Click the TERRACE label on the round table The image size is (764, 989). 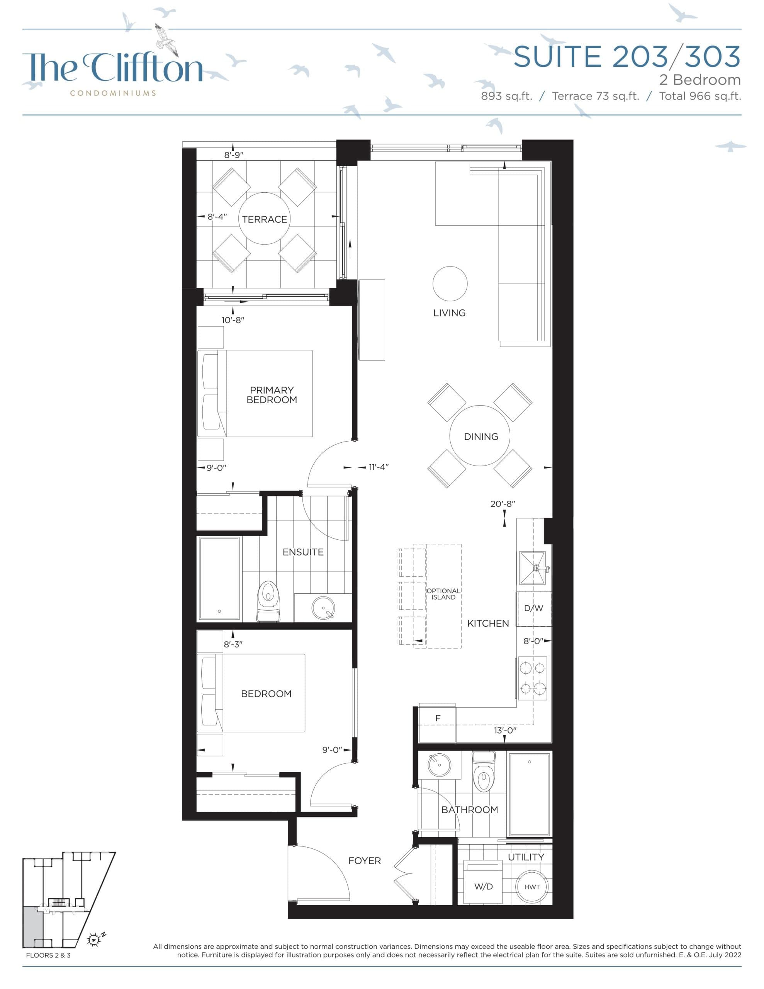click(x=264, y=219)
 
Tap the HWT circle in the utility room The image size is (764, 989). click(x=532, y=887)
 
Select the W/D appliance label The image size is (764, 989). click(x=483, y=887)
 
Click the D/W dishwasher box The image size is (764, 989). click(x=533, y=608)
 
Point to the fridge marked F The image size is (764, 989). click(x=438, y=718)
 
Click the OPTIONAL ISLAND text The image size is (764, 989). click(x=443, y=594)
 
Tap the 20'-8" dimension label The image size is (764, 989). click(x=503, y=503)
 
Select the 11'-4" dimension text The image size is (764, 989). click(x=378, y=467)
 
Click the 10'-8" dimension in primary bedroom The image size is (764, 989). click(x=233, y=320)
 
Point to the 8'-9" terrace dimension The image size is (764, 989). click(x=234, y=155)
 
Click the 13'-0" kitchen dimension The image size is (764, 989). click(x=505, y=731)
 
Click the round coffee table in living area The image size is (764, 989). click(x=450, y=284)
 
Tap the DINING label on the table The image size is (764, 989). click(x=480, y=437)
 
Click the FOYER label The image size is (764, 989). click(x=364, y=861)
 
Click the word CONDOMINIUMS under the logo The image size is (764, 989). click(x=113, y=93)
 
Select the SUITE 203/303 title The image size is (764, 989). click(x=627, y=57)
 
